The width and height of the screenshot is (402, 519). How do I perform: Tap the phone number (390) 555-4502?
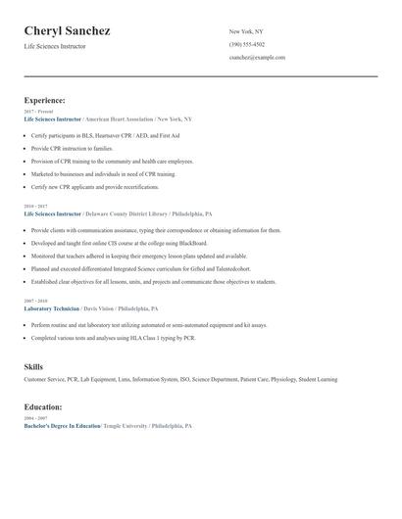pyautogui.click(x=246, y=44)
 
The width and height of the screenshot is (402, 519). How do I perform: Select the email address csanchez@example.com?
pyautogui.click(x=257, y=57)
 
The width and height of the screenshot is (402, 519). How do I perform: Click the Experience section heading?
pyautogui.click(x=44, y=100)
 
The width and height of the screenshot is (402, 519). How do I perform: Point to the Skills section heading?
pyautogui.click(x=33, y=366)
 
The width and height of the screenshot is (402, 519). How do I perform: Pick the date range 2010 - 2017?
pyautogui.click(x=35, y=207)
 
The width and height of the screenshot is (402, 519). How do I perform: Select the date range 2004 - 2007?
pyautogui.click(x=35, y=418)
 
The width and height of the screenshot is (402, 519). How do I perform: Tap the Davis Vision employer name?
pyautogui.click(x=116, y=308)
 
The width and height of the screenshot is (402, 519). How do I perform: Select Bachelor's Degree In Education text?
pyautogui.click(x=62, y=426)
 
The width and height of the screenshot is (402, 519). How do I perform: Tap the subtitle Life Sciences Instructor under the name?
pyautogui.click(x=56, y=46)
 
